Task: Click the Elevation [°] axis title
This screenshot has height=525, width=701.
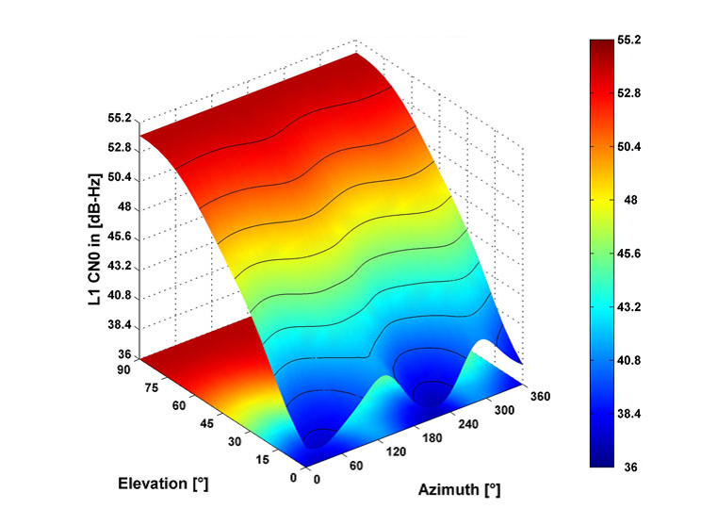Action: click(163, 484)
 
